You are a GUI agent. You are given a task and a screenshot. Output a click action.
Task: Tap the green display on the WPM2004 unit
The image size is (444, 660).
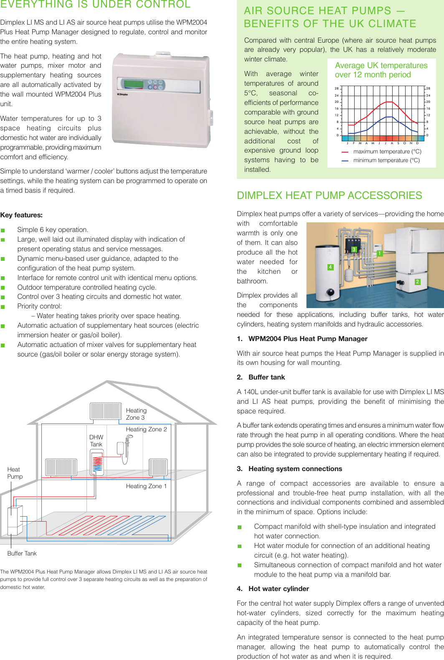(133, 83)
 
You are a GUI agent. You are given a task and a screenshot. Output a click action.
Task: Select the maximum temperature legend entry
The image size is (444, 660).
(387, 152)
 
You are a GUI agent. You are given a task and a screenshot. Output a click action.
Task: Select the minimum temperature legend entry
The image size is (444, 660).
(386, 161)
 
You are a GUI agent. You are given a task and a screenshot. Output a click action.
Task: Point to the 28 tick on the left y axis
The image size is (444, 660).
(337, 89)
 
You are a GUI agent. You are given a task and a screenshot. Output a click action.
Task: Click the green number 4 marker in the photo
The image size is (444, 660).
(330, 267)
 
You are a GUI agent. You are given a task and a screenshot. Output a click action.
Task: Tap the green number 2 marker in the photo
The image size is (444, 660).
(417, 282)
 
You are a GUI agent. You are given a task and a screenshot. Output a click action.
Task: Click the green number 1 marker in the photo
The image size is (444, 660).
(379, 253)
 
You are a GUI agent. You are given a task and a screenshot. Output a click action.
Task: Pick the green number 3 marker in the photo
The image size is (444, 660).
(354, 249)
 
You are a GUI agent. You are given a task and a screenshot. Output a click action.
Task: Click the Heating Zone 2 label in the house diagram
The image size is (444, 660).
(146, 429)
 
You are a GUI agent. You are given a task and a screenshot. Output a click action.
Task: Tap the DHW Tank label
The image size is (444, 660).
(96, 441)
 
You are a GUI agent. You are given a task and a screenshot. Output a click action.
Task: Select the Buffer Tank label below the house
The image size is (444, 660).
(22, 553)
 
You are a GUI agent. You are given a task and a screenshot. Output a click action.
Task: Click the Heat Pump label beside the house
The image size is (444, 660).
(15, 473)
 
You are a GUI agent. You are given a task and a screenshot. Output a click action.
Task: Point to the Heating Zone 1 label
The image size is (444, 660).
(146, 486)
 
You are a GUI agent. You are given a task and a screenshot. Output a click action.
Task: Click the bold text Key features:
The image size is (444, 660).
(21, 215)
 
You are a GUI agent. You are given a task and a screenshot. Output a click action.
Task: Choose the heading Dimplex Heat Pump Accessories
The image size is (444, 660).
(329, 196)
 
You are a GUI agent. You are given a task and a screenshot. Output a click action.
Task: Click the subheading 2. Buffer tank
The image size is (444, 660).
(261, 377)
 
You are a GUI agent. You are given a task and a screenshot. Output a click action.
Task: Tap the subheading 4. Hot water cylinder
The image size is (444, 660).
(273, 589)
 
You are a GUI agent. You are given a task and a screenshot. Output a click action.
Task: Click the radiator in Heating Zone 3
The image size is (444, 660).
(106, 411)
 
